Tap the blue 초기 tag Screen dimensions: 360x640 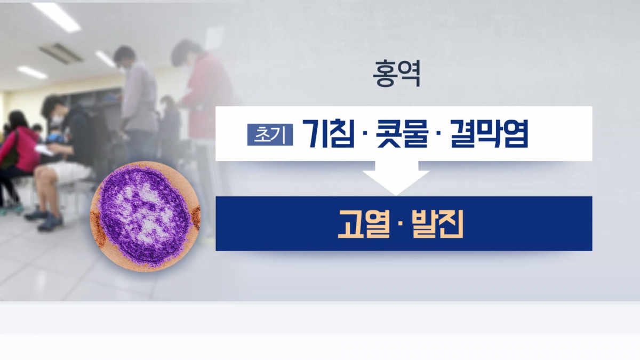270,134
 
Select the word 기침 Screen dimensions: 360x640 328,133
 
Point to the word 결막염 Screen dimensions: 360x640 489,133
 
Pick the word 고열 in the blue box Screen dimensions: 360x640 362,224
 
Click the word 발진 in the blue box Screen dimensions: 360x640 437,224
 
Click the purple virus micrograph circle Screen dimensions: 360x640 144,216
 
